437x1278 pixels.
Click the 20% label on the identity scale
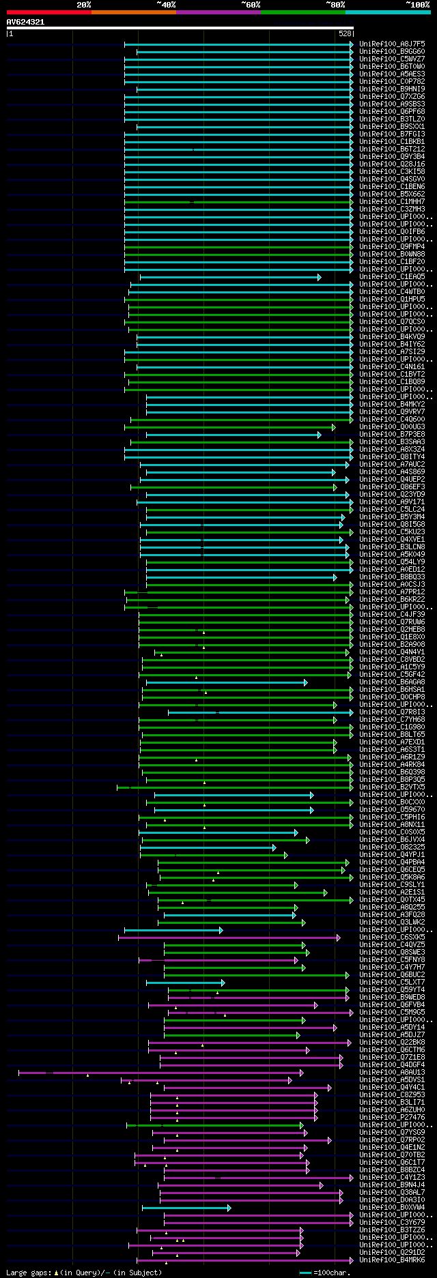pyautogui.click(x=83, y=5)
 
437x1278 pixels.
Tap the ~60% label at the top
pyautogui.click(x=251, y=5)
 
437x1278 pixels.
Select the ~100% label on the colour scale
pyautogui.click(x=417, y=5)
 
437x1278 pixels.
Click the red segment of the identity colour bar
pyautogui.click(x=48, y=12)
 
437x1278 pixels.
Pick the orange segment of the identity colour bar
pyautogui.click(x=133, y=12)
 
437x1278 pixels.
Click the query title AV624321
pyautogui.click(x=25, y=22)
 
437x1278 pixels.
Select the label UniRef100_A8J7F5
pyautogui.click(x=392, y=44)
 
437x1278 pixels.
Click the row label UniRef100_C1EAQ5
pyautogui.click(x=392, y=277)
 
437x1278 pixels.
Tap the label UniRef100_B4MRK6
pyautogui.click(x=392, y=1260)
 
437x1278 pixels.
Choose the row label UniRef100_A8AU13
pyautogui.click(x=392, y=1073)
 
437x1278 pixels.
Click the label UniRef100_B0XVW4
pyautogui.click(x=392, y=1208)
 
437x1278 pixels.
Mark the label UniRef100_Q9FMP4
pyautogui.click(x=392, y=247)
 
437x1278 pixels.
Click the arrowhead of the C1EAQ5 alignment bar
pyautogui.click(x=319, y=277)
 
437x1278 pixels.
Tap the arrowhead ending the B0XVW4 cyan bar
pyautogui.click(x=229, y=1208)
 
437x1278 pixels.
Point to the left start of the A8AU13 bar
pyautogui.click(x=19, y=1073)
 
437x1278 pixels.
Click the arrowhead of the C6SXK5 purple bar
pyautogui.click(x=337, y=938)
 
